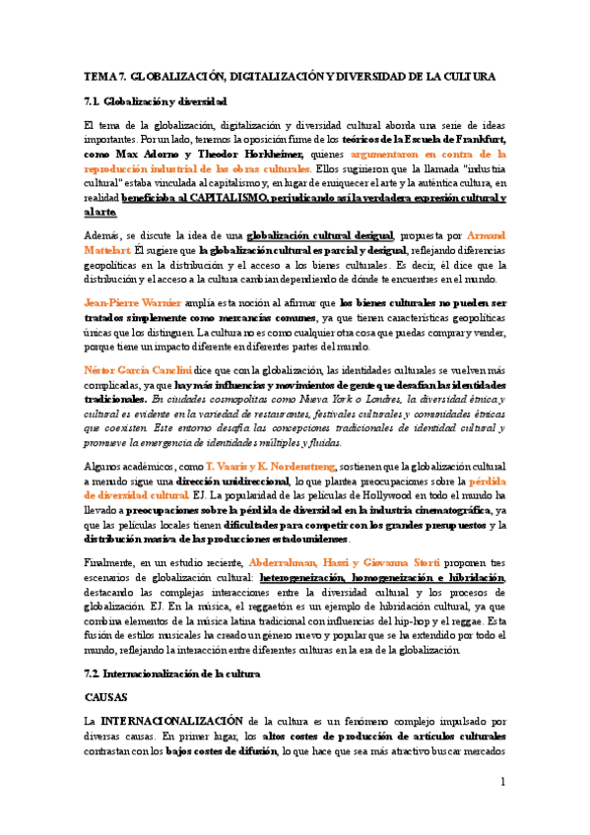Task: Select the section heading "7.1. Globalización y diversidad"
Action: point(156,100)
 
